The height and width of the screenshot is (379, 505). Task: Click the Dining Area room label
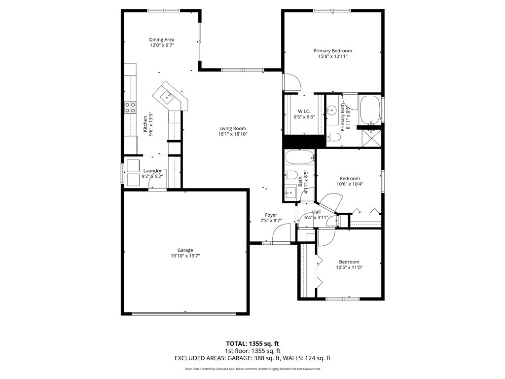(162, 39)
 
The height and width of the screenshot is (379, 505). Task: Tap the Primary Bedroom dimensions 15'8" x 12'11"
(333, 56)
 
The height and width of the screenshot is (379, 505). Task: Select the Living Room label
(233, 128)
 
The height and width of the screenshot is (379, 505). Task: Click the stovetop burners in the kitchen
(130, 107)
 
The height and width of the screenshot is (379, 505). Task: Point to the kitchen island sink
(167, 96)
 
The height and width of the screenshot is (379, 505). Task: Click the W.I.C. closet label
(304, 111)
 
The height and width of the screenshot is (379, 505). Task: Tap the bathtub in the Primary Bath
(370, 110)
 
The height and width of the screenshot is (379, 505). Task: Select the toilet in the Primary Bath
(333, 138)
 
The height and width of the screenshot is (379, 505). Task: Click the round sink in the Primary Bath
(331, 111)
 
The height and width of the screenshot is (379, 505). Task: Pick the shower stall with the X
(372, 138)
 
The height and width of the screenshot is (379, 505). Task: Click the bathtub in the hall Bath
(299, 158)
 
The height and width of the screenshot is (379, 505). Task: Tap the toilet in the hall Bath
(291, 175)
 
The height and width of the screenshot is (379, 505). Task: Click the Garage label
(185, 250)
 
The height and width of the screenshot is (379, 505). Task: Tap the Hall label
(316, 212)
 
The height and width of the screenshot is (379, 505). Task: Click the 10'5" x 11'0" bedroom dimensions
(349, 267)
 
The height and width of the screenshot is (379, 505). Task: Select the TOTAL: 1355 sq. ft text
(250, 343)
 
